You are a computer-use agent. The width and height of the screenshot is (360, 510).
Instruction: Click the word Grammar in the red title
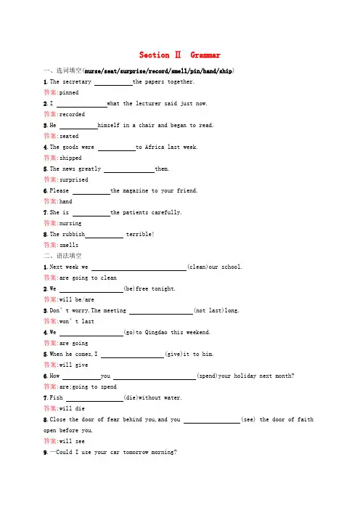205,55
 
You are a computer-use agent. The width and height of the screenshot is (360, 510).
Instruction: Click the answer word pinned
69,93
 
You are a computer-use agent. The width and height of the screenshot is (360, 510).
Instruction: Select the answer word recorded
72,114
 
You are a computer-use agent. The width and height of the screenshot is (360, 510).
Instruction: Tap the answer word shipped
70,158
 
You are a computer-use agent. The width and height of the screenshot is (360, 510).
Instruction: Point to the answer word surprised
74,179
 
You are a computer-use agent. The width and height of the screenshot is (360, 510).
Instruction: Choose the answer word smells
69,245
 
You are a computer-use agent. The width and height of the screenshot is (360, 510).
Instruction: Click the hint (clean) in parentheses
197,267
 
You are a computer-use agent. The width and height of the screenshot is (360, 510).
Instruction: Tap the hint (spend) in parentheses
207,376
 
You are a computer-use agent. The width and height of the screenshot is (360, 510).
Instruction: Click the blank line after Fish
94,401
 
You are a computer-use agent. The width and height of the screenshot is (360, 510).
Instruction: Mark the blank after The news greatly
129,172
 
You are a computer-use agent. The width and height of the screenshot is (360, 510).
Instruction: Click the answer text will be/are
77,299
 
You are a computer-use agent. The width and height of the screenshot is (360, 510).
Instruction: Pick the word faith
306,419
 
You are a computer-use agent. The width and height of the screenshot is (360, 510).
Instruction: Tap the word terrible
140,234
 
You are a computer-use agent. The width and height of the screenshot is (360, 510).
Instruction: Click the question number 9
46,452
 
